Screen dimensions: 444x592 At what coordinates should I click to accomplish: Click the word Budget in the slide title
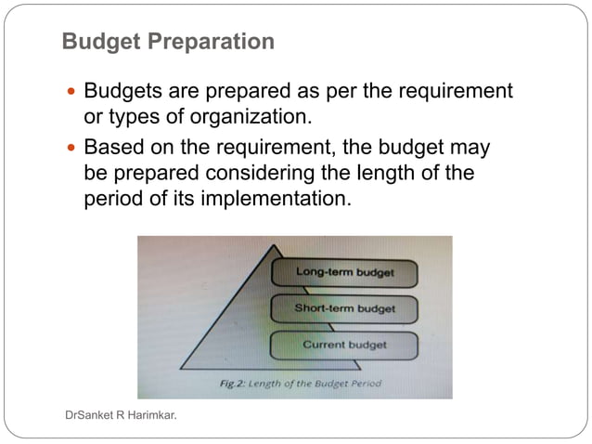tap(97, 42)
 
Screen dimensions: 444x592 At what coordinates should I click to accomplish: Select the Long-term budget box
tap(344, 272)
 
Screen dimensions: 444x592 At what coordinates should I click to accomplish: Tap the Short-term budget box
tap(344, 307)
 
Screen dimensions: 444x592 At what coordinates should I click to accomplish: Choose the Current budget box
tap(344, 345)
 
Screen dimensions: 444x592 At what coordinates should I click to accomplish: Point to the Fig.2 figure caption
tap(294, 382)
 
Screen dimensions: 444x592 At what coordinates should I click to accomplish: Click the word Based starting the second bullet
tap(113, 149)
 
